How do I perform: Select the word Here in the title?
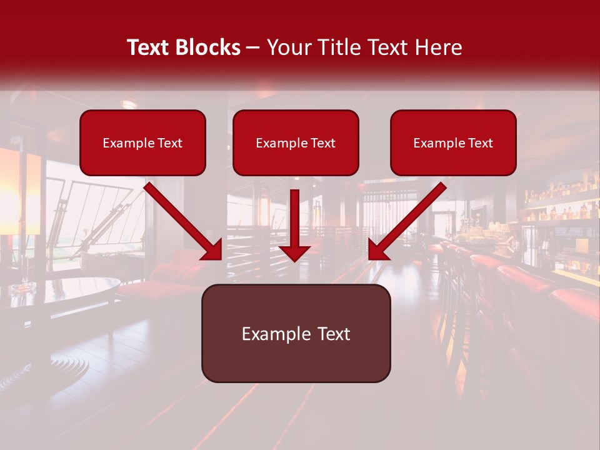[439, 47]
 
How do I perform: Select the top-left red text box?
[142, 142]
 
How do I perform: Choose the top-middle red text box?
[296, 142]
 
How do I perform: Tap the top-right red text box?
[453, 142]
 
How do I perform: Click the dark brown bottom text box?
[296, 333]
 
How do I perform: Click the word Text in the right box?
[479, 143]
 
